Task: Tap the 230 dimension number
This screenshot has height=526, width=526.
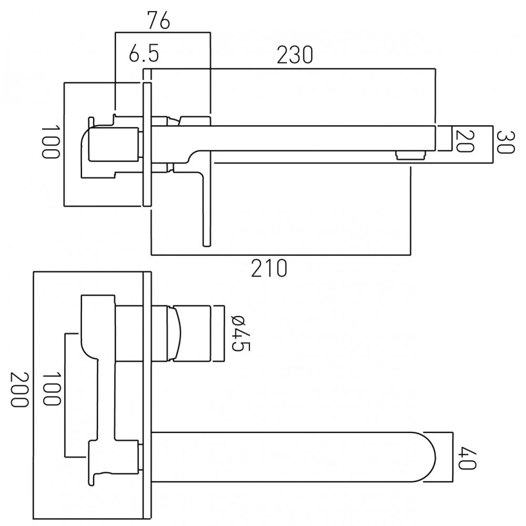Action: (x=295, y=55)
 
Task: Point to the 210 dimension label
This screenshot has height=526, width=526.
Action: (x=270, y=268)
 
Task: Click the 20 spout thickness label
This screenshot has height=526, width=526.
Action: (x=463, y=140)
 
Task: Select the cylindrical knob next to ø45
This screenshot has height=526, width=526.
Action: (x=195, y=333)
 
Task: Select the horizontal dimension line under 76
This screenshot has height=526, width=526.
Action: (x=163, y=33)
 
